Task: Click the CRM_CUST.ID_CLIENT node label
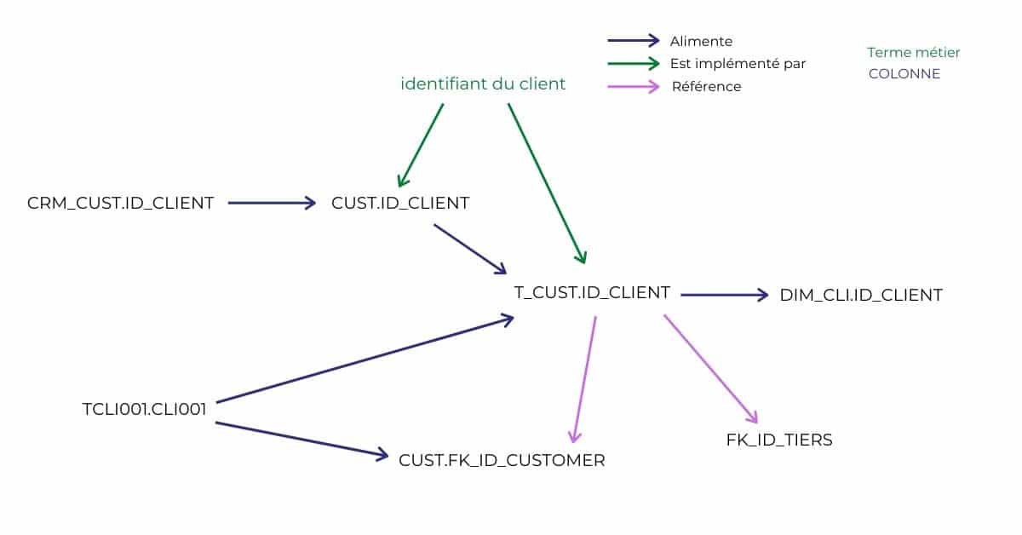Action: [120, 203]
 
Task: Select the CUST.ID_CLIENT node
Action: [400, 203]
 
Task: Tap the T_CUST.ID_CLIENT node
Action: [592, 292]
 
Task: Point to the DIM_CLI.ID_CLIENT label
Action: [861, 296]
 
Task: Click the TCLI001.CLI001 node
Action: [144, 409]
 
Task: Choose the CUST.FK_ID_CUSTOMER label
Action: [502, 460]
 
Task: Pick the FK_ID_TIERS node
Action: [779, 440]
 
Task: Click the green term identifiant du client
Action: [483, 84]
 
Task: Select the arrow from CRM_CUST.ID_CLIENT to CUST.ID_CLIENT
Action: [272, 203]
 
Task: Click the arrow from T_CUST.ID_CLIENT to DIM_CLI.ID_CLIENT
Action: [724, 296]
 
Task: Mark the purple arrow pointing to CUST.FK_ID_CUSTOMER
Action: [584, 379]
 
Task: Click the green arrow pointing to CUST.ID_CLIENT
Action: [421, 145]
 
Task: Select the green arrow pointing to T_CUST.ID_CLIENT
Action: [546, 182]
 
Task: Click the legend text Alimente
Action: [701, 41]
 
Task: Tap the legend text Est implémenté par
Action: [738, 63]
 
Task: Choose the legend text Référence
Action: [706, 86]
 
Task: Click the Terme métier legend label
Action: [913, 53]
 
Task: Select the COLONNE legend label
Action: [904, 74]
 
